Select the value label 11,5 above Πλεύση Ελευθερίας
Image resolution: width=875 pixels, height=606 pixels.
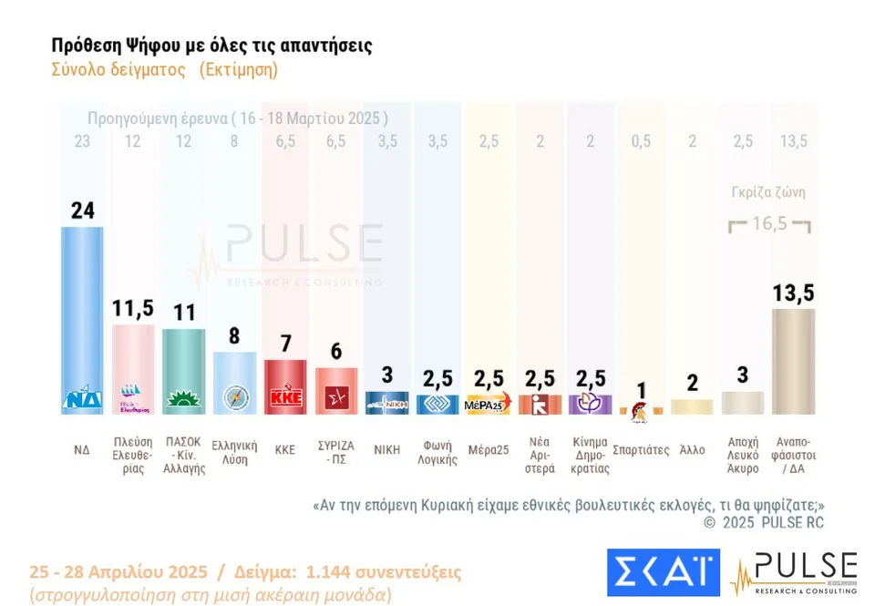tap(133, 308)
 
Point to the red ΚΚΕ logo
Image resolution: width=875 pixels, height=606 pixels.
tap(285, 398)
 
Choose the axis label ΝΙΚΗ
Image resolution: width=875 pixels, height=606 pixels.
tap(386, 450)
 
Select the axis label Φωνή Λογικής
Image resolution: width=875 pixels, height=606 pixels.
tap(437, 453)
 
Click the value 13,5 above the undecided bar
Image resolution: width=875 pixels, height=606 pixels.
tap(793, 293)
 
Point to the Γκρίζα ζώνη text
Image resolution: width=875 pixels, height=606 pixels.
tap(768, 192)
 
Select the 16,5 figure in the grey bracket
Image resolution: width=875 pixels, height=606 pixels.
tap(769, 223)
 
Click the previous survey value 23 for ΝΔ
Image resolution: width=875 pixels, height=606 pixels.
tap(82, 141)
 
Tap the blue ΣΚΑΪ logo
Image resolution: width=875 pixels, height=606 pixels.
tap(663, 571)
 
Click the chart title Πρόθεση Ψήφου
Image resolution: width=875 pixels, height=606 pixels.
tap(211, 46)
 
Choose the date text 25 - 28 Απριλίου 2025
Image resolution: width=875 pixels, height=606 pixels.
tap(118, 572)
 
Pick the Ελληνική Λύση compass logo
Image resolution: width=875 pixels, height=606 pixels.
tap(234, 398)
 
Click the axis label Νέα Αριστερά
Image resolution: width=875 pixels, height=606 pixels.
tap(539, 456)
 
